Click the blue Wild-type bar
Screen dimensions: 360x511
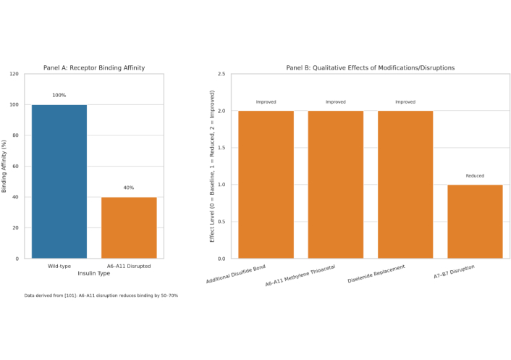pyautogui.click(x=59, y=181)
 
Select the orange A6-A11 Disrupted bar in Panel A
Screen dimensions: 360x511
pyautogui.click(x=129, y=227)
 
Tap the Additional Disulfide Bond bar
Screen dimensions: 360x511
pyautogui.click(x=266, y=184)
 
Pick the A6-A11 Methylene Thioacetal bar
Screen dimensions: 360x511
pyautogui.click(x=335, y=184)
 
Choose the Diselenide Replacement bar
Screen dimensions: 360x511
pyautogui.click(x=405, y=184)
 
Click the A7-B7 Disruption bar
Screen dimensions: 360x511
pyautogui.click(x=475, y=221)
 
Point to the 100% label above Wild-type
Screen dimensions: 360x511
pyautogui.click(x=59, y=96)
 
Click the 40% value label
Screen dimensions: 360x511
pyautogui.click(x=129, y=188)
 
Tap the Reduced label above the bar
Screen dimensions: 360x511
pyautogui.click(x=475, y=176)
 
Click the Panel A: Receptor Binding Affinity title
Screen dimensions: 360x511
pyautogui.click(x=94, y=68)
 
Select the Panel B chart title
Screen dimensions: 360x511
pyautogui.click(x=370, y=68)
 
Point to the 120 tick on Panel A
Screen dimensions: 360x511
pyautogui.click(x=15, y=74)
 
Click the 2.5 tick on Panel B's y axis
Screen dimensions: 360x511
pyautogui.click(x=220, y=74)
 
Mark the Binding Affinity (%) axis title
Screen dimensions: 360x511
pyautogui.click(x=5, y=166)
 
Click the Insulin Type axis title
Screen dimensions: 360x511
pyautogui.click(x=94, y=273)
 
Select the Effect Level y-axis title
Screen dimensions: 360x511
pyautogui.click(x=212, y=166)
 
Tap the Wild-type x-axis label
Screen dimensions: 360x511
pyautogui.click(x=59, y=266)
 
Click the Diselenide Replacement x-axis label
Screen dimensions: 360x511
pyautogui.click(x=376, y=274)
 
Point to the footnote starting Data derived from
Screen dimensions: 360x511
pyautogui.click(x=101, y=296)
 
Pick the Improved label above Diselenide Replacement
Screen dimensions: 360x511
pyautogui.click(x=405, y=102)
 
